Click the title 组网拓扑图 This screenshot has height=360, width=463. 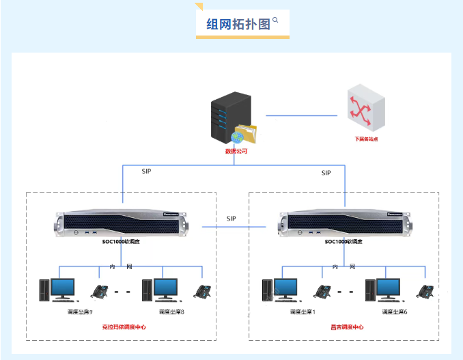coord(238,24)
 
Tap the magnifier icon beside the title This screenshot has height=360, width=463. coord(275,20)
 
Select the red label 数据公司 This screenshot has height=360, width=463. coord(236,151)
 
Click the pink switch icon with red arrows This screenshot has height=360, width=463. coord(363,109)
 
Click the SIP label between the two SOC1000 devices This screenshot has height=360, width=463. coord(232,219)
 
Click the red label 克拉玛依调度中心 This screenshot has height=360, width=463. coord(124,327)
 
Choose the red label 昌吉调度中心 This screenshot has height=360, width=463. coord(346,327)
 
